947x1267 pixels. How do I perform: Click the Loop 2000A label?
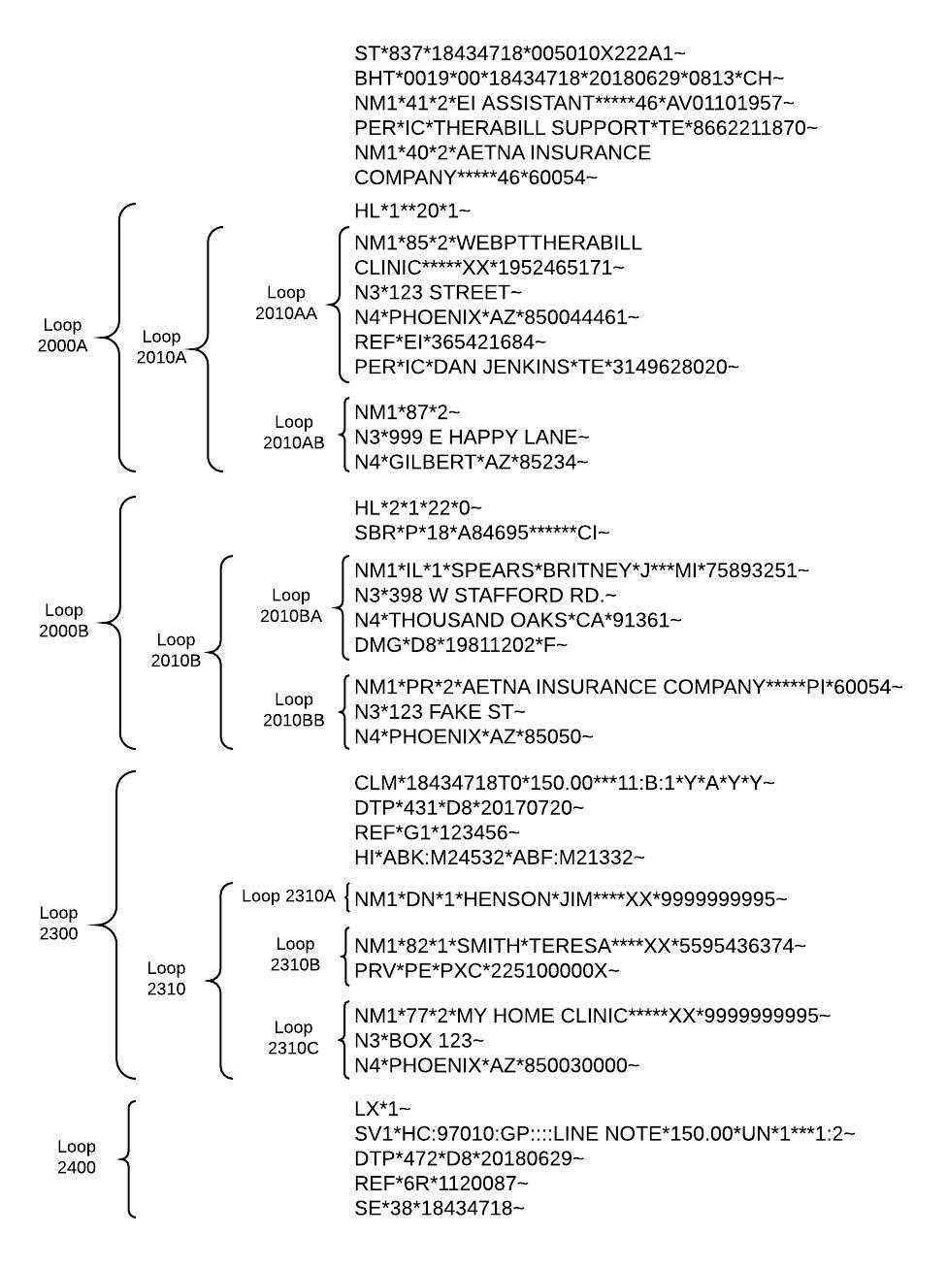click(62, 335)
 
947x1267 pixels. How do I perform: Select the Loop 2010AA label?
click(285, 303)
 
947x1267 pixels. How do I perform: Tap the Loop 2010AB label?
click(293, 432)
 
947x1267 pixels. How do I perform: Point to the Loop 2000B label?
click(64, 620)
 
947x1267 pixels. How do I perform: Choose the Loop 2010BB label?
click(293, 709)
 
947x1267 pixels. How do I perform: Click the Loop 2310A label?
click(288, 896)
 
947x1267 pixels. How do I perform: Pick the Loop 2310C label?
click(293, 1037)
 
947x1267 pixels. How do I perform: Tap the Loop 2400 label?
click(76, 1156)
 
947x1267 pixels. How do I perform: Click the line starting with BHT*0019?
click(569, 78)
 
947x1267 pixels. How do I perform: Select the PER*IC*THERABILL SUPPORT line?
click(585, 128)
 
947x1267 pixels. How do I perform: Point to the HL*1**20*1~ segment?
click(412, 211)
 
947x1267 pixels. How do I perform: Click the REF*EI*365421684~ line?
click(449, 342)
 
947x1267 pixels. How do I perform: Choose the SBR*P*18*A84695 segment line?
click(481, 533)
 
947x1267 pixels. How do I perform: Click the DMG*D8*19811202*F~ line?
click(461, 645)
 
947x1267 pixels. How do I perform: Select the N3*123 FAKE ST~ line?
click(440, 712)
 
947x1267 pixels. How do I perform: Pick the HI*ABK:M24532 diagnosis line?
click(499, 858)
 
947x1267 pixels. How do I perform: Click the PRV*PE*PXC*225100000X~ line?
click(486, 970)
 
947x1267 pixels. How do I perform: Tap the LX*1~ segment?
click(382, 1109)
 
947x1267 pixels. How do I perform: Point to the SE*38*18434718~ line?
click(439, 1209)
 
